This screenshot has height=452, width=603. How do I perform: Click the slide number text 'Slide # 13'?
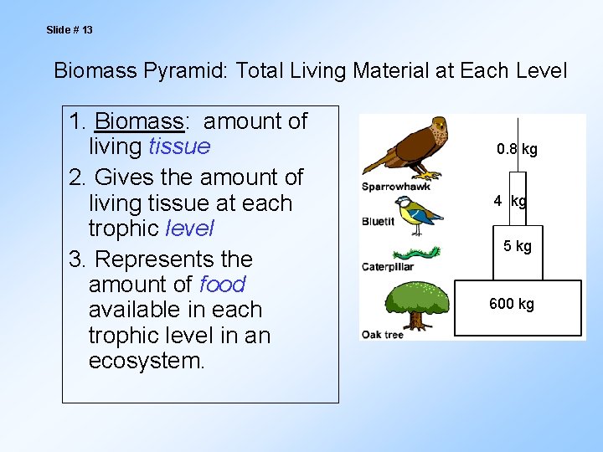click(70, 30)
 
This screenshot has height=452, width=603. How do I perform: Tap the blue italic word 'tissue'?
click(179, 146)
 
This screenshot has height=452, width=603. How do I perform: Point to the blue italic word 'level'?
click(190, 228)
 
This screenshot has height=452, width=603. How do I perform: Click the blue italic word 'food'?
click(222, 284)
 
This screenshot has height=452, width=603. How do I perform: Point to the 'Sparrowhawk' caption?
click(395, 187)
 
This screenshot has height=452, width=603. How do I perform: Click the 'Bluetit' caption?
click(379, 222)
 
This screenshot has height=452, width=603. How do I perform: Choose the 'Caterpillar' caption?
click(388, 268)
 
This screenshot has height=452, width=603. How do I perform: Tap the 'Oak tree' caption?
click(382, 335)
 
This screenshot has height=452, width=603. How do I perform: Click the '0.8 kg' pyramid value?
click(517, 150)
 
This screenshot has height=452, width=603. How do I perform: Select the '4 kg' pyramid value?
click(510, 201)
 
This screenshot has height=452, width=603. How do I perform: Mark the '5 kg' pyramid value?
click(517, 246)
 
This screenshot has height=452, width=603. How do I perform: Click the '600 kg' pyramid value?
click(511, 304)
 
